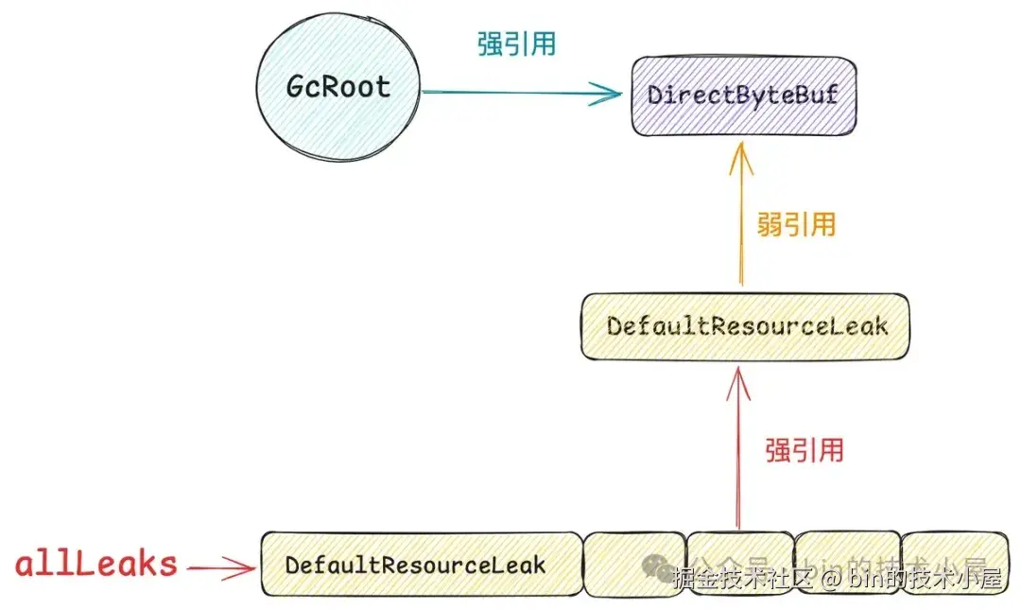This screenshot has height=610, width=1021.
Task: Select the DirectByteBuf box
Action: [x=744, y=95]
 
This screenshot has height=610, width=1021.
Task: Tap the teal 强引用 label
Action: [x=516, y=44]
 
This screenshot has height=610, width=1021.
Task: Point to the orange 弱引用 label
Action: [x=796, y=224]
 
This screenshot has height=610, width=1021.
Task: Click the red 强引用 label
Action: [x=804, y=449]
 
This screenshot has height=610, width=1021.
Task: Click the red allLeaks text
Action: [x=95, y=565]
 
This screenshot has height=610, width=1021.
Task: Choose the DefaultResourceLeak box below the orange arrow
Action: [x=747, y=326]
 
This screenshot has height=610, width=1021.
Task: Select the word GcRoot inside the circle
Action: [x=337, y=87]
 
